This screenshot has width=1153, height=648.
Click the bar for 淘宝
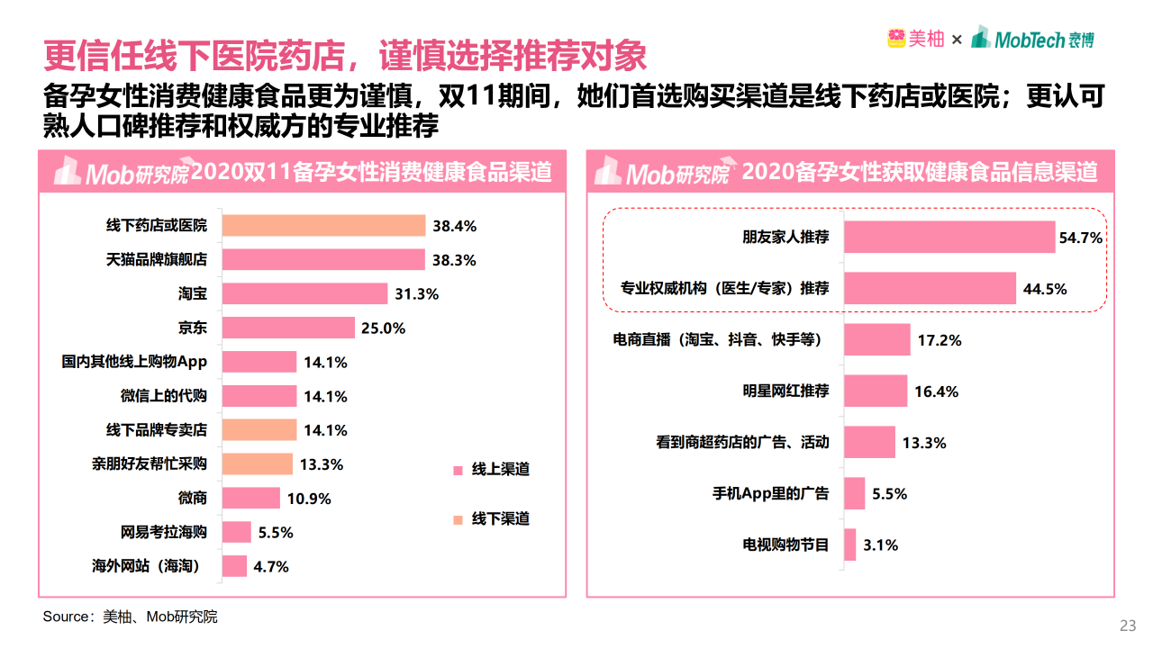click(x=304, y=293)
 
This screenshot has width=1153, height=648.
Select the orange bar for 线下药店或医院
click(x=323, y=226)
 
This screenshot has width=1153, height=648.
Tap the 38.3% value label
click(x=454, y=260)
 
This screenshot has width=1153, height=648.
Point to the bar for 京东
click(x=288, y=328)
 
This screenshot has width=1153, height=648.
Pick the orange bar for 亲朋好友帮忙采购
click(x=258, y=464)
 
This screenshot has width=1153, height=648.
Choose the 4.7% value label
click(x=270, y=566)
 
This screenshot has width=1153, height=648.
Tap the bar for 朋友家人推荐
click(x=949, y=238)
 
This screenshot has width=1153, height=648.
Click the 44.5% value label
click(x=1045, y=289)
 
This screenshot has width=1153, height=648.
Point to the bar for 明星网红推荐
click(x=876, y=391)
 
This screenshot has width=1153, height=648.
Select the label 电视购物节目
click(x=785, y=544)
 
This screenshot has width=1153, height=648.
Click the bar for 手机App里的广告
click(x=854, y=494)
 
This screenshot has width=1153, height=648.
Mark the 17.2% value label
click(x=940, y=340)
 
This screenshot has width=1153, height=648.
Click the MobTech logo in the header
click(x=1033, y=39)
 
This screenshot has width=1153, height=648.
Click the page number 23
click(x=1127, y=626)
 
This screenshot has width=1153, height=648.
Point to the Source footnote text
click(x=131, y=617)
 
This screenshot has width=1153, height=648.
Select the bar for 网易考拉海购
click(x=237, y=532)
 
